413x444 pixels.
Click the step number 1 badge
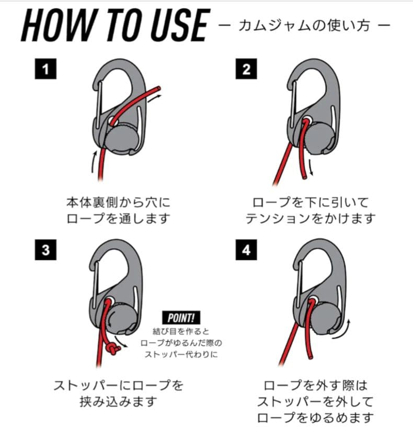45,69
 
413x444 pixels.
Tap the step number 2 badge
246,69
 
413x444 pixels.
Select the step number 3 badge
45,250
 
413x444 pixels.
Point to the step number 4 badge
246,250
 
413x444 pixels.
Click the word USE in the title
180,26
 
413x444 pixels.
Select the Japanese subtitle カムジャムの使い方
304,26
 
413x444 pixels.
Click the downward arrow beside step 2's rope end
311,167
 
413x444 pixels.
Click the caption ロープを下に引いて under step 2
311,202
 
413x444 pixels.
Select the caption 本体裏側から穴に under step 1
118,202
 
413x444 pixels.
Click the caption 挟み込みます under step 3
118,401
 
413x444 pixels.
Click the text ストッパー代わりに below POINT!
181,354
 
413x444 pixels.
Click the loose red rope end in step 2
304,177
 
